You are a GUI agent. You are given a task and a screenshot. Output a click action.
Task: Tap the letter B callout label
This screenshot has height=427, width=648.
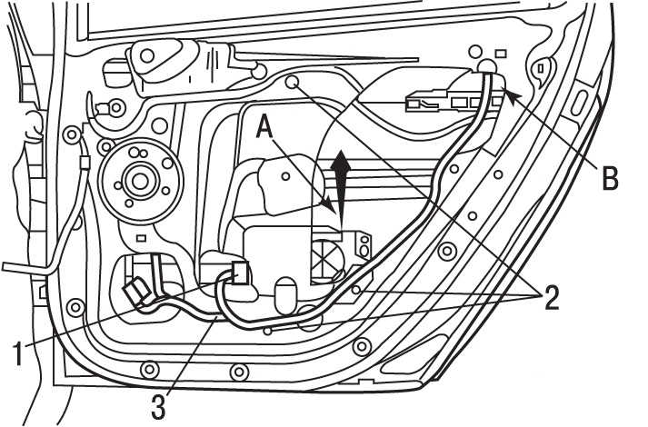point(608,176)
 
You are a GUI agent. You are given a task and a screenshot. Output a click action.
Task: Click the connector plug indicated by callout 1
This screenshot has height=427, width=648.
point(137,291)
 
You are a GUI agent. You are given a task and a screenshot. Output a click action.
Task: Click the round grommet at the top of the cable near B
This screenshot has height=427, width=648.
point(486,66)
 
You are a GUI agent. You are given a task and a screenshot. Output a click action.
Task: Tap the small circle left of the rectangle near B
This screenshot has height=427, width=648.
point(473,51)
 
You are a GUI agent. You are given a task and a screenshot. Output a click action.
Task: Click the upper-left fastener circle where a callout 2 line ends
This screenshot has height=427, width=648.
point(293,84)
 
